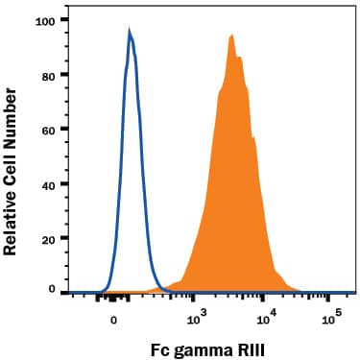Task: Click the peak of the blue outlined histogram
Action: click(x=130, y=31)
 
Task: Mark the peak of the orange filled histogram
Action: click(x=231, y=36)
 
